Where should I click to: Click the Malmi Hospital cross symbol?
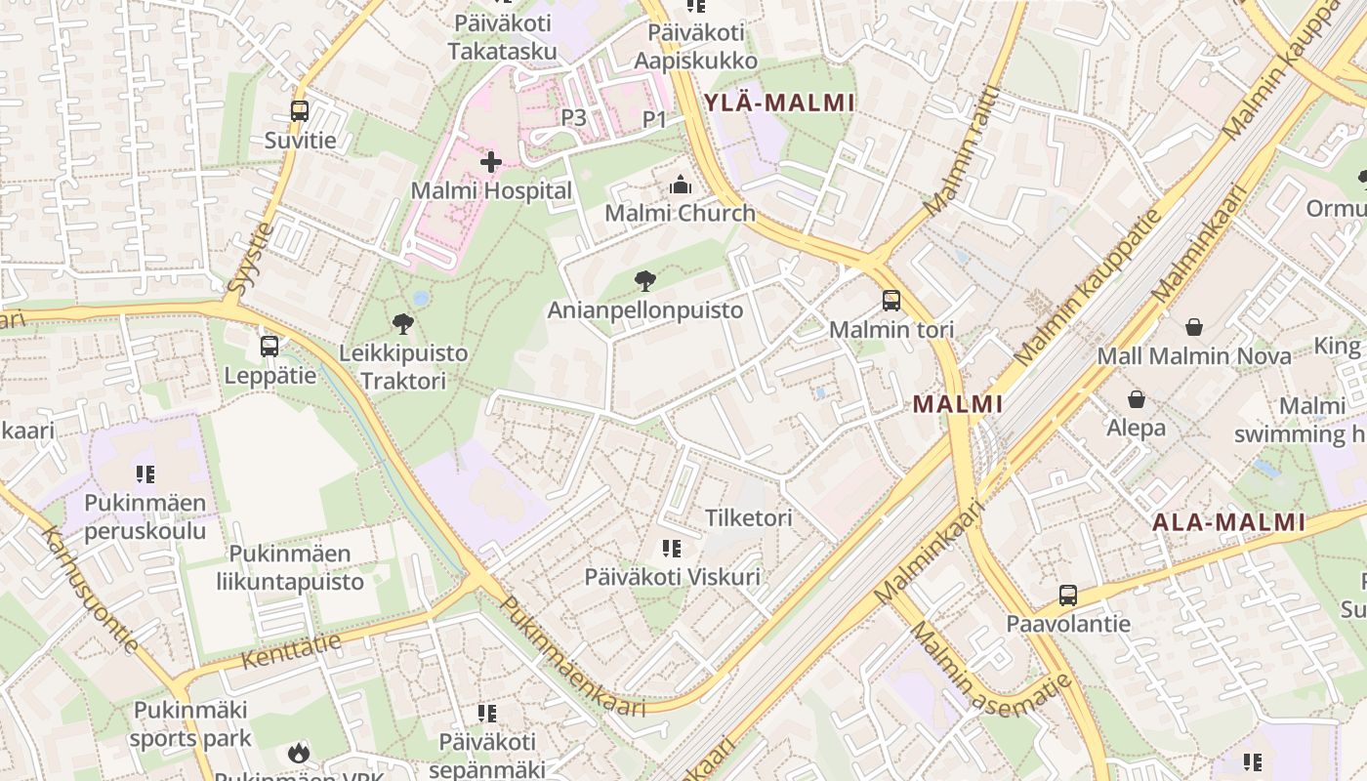click(x=491, y=162)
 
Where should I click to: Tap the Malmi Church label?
click(x=680, y=213)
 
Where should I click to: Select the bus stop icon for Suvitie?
click(x=300, y=111)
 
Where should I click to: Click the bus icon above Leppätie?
click(x=269, y=346)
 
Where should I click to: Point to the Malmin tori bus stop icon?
click(x=891, y=300)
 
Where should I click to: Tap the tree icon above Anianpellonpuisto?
click(x=644, y=282)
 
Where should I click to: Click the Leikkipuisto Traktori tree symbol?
click(x=402, y=324)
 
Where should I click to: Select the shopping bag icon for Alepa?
click(x=1136, y=399)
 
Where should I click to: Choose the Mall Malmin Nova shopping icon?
click(x=1193, y=327)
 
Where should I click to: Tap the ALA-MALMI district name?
click(x=1228, y=522)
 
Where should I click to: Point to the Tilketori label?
click(x=749, y=517)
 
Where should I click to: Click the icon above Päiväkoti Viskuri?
click(x=671, y=549)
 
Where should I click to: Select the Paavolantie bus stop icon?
click(x=1068, y=595)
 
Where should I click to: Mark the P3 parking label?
click(x=573, y=117)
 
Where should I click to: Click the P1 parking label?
click(x=654, y=119)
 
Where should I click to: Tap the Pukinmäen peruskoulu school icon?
click(x=145, y=474)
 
